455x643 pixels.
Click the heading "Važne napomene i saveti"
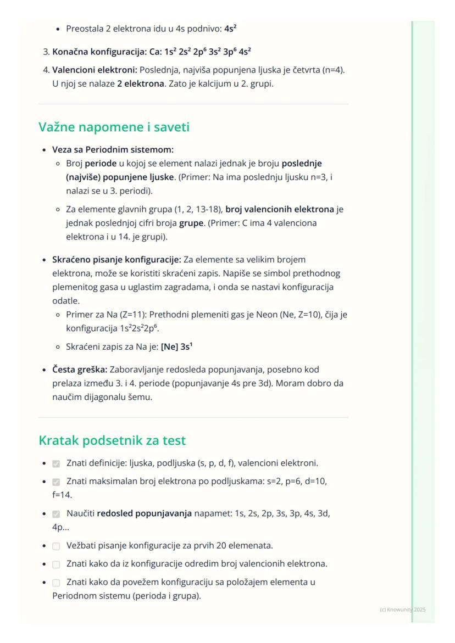point(114,127)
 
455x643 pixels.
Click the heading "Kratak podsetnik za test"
point(112,440)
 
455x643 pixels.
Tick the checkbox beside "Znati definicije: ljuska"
point(56,463)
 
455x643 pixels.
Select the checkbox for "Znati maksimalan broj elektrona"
point(56,482)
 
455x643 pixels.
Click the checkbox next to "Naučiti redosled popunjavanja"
point(56,514)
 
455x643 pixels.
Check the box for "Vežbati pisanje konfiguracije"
point(56,546)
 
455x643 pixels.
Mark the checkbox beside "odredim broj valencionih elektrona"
point(56,564)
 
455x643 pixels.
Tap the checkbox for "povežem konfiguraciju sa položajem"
point(56,582)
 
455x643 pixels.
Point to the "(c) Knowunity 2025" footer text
point(402,610)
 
